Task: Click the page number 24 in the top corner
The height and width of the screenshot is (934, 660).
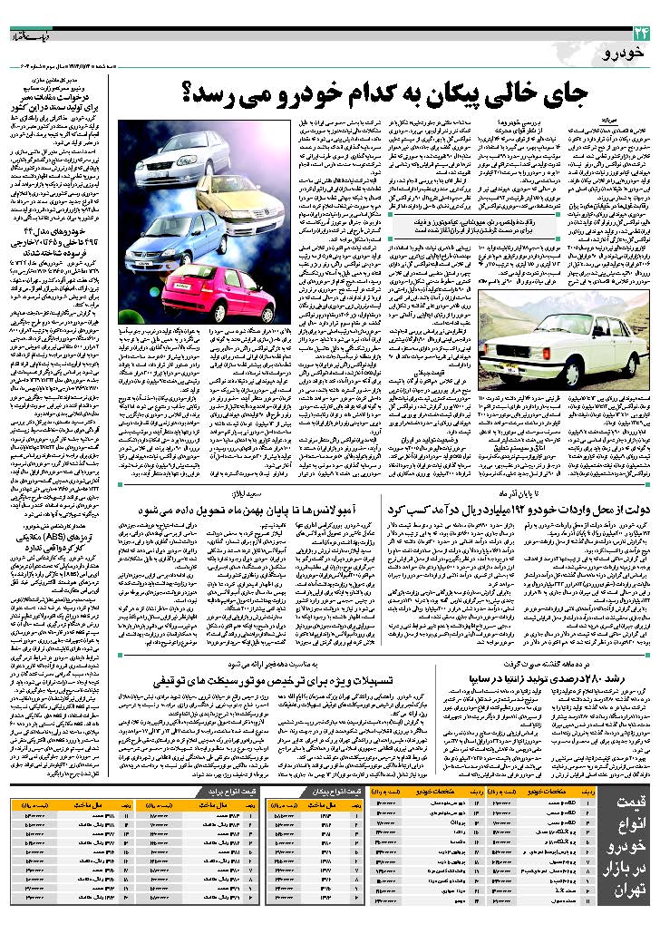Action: (642, 33)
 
